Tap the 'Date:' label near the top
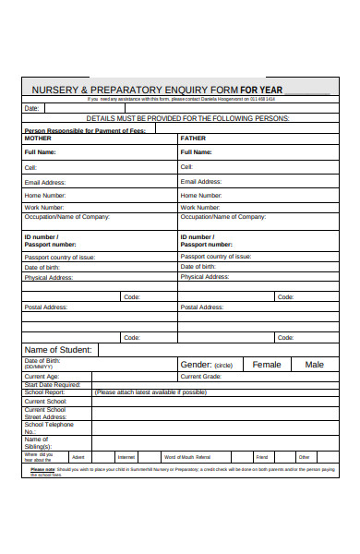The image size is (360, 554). click(x=31, y=108)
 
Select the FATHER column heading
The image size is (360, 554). click(x=193, y=138)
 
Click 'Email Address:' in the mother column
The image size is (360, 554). click(x=47, y=183)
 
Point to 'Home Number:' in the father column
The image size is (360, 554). click(x=201, y=196)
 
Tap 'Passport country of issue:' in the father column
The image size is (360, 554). click(x=214, y=257)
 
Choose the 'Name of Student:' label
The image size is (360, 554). click(x=57, y=350)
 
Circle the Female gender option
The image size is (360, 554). click(x=266, y=365)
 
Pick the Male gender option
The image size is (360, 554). click(x=315, y=365)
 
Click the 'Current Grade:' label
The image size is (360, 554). click(x=200, y=377)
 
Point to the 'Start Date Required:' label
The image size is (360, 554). click(x=52, y=385)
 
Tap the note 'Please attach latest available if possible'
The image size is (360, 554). click(x=150, y=392)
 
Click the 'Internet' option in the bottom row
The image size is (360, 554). click(x=126, y=457)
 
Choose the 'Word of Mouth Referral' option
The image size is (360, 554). click(x=187, y=457)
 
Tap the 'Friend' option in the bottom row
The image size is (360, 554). click(x=262, y=457)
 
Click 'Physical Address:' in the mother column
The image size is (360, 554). click(x=49, y=277)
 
